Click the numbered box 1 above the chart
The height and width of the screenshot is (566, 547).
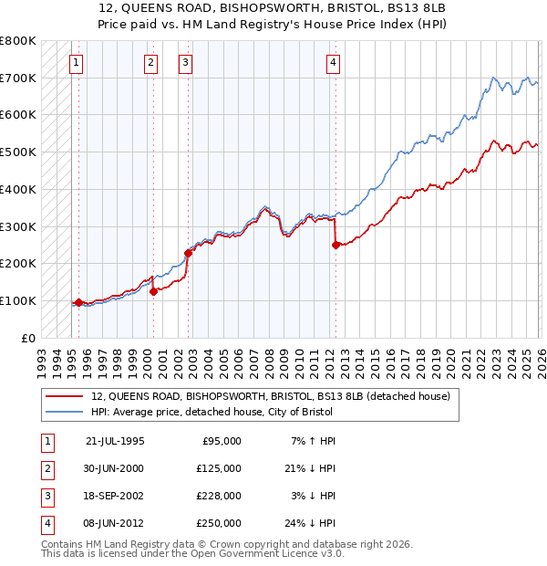coord(75,63)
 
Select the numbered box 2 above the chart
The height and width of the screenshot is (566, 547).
coord(150,63)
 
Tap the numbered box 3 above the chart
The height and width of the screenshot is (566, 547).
coord(185,63)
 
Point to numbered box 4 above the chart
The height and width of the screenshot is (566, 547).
coord(334,63)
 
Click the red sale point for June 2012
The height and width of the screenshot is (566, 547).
coord(335,245)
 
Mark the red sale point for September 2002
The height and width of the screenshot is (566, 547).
coord(188,253)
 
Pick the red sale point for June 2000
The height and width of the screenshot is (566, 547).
coord(154,291)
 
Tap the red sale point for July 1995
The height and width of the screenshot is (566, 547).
coord(78,302)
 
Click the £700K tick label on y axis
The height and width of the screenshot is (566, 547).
coord(18,78)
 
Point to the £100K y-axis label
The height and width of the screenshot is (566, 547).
coord(18,300)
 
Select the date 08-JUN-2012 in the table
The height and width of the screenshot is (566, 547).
coord(114,522)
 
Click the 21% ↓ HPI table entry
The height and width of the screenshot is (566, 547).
coord(310,467)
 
